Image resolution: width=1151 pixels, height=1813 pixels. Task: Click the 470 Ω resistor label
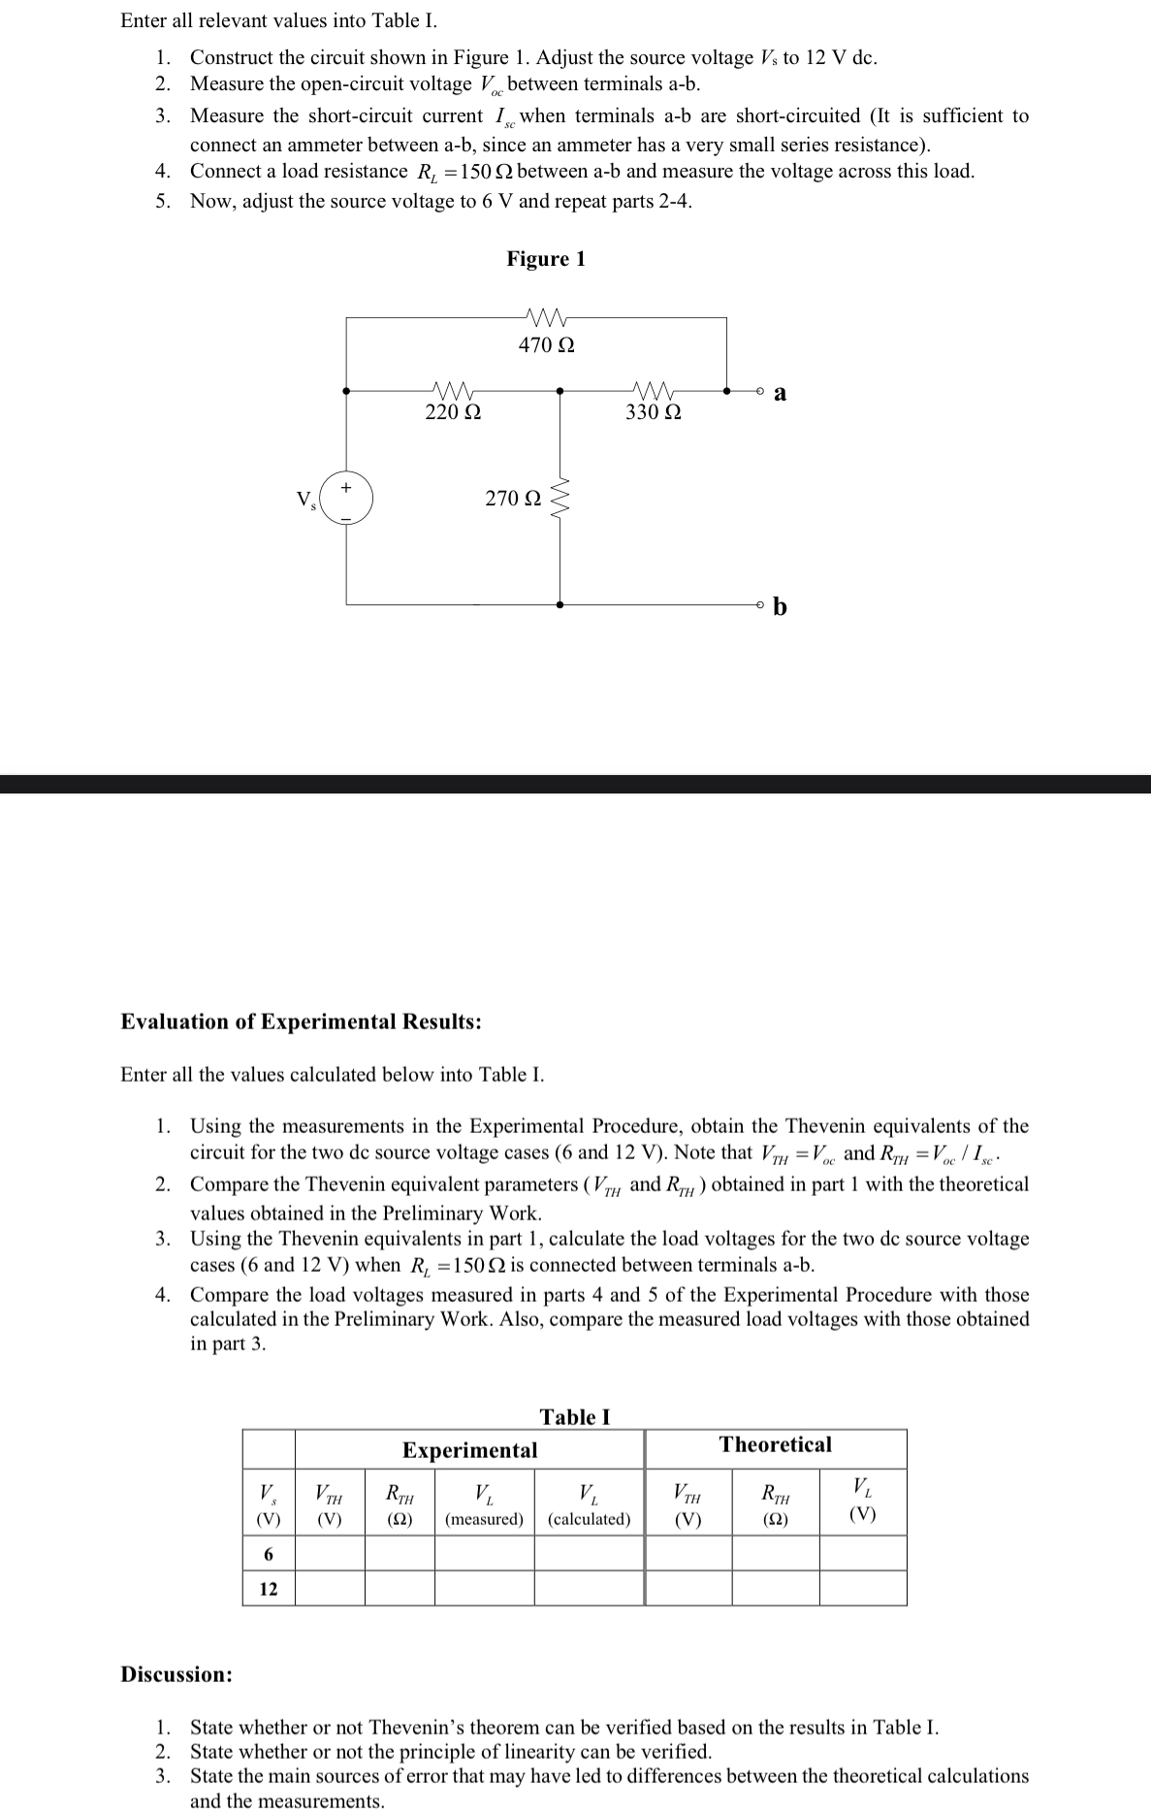tap(546, 345)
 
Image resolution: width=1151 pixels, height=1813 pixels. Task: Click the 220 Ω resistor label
tap(453, 412)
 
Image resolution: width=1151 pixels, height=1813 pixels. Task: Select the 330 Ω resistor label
tap(653, 412)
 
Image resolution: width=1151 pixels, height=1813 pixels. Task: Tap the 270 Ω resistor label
tap(513, 499)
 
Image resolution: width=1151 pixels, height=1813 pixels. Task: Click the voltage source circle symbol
tap(346, 500)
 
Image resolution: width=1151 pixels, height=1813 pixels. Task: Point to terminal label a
tap(781, 393)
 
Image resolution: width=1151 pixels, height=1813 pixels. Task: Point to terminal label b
tap(781, 607)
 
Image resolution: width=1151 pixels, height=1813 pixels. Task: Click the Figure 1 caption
tap(546, 259)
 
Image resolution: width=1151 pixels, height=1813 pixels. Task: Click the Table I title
tap(575, 1416)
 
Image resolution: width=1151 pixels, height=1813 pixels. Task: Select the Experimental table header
tap(469, 1449)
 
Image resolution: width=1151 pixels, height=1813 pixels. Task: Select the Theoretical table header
tap(775, 1444)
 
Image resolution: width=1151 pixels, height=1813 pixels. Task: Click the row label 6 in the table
tap(269, 1554)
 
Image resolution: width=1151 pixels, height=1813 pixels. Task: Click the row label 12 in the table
tap(269, 1589)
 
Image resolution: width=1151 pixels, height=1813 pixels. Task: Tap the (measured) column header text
tap(484, 1519)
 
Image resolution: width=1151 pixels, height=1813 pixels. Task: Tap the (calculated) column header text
tap(589, 1519)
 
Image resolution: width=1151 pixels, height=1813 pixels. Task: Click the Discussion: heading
tap(176, 1674)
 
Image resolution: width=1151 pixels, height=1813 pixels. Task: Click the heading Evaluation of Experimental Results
tap(301, 1021)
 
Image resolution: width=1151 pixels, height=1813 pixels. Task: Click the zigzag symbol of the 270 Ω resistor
tap(560, 499)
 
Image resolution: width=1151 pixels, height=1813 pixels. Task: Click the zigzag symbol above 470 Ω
tap(546, 317)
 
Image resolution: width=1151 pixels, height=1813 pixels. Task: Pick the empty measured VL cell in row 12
tap(484, 1589)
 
